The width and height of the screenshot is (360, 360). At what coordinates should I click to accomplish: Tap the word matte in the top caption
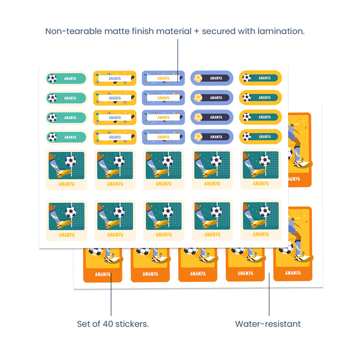[115, 31]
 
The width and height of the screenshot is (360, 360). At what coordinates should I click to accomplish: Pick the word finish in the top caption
[144, 31]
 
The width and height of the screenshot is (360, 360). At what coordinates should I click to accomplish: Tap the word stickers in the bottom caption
[132, 323]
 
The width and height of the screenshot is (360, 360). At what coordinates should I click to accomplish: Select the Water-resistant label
[268, 323]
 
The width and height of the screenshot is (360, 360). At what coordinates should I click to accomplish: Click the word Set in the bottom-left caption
[84, 323]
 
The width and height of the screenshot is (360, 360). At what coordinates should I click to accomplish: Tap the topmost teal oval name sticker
[66, 78]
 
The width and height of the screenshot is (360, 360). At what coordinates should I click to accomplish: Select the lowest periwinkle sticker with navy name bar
[212, 136]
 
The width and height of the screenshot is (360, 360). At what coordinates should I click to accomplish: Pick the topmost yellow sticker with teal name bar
[260, 77]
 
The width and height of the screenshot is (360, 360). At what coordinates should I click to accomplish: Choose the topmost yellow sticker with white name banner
[114, 78]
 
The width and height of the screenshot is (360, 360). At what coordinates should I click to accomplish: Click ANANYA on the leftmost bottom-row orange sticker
[102, 273]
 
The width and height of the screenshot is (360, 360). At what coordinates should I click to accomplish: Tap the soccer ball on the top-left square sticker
[71, 161]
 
